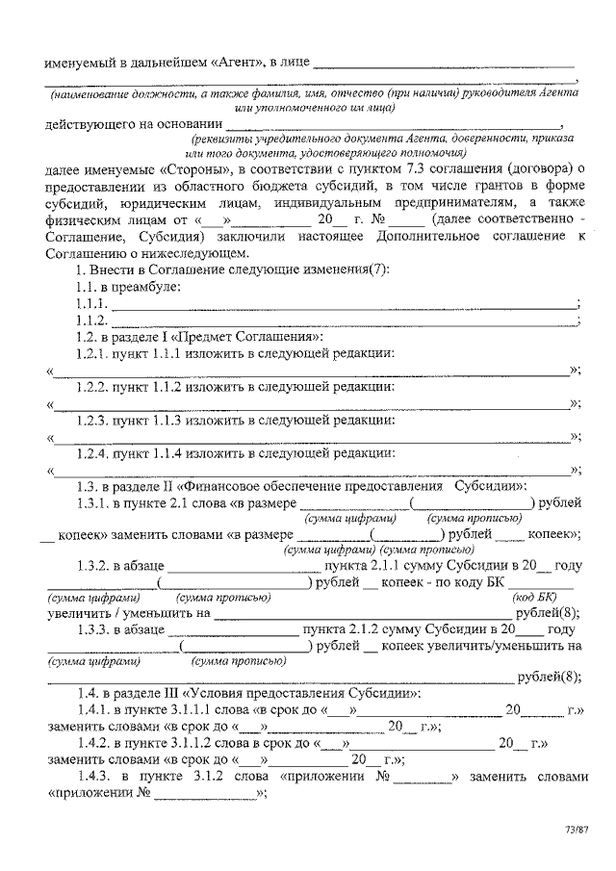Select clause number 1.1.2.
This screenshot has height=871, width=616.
click(x=91, y=320)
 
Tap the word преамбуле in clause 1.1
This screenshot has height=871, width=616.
click(x=142, y=286)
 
